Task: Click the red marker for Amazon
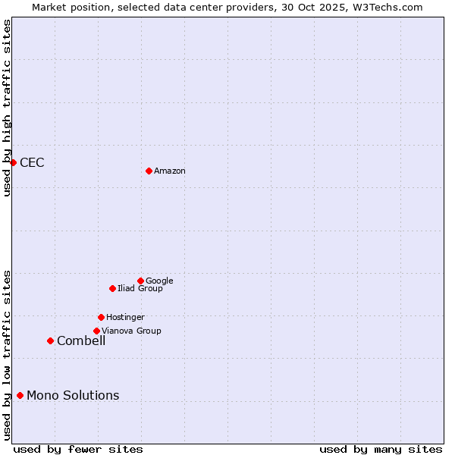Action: point(149,171)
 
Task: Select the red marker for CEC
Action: point(13,162)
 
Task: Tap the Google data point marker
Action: point(140,281)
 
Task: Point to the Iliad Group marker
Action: point(112,288)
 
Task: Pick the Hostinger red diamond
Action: point(101,317)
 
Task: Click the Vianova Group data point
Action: point(96,331)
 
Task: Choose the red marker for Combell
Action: point(50,340)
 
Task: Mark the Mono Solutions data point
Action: point(20,395)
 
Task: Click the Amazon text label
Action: point(170,171)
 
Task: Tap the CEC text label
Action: point(32,162)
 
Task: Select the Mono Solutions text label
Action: point(73,395)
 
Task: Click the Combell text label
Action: point(81,340)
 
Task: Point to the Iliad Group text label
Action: point(140,288)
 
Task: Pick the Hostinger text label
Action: point(125,317)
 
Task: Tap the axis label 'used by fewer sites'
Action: point(78,449)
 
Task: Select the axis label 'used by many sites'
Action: point(381,449)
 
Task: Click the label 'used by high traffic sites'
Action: point(7,108)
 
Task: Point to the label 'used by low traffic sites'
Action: point(7,355)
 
